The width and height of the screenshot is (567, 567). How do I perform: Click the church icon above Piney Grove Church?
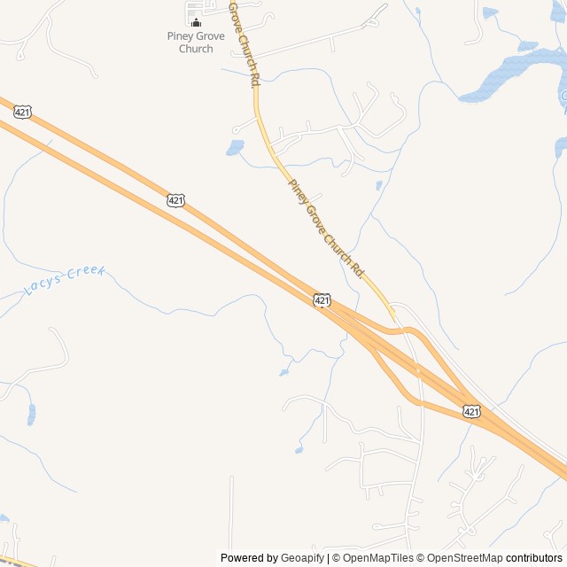click(x=196, y=22)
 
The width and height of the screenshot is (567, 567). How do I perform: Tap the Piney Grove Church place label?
click(x=196, y=43)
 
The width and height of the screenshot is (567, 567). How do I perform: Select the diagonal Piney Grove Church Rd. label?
click(x=326, y=227)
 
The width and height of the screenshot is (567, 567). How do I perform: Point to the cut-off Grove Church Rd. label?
click(x=245, y=43)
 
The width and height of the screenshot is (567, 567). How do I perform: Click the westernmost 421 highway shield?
click(x=24, y=112)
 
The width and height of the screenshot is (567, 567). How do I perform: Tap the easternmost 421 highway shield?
click(x=471, y=411)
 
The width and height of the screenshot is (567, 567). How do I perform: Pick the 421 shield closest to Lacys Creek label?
click(x=175, y=201)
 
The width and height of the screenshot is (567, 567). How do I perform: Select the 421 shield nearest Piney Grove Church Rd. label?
click(x=322, y=301)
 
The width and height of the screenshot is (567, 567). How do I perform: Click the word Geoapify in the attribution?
click(x=302, y=558)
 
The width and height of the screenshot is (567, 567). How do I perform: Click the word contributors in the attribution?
click(x=534, y=558)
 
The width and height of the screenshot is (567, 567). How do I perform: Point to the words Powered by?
click(x=249, y=558)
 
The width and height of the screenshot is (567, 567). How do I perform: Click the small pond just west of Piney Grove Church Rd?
click(x=235, y=147)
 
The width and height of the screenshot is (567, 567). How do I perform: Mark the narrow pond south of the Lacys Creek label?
click(x=32, y=413)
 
